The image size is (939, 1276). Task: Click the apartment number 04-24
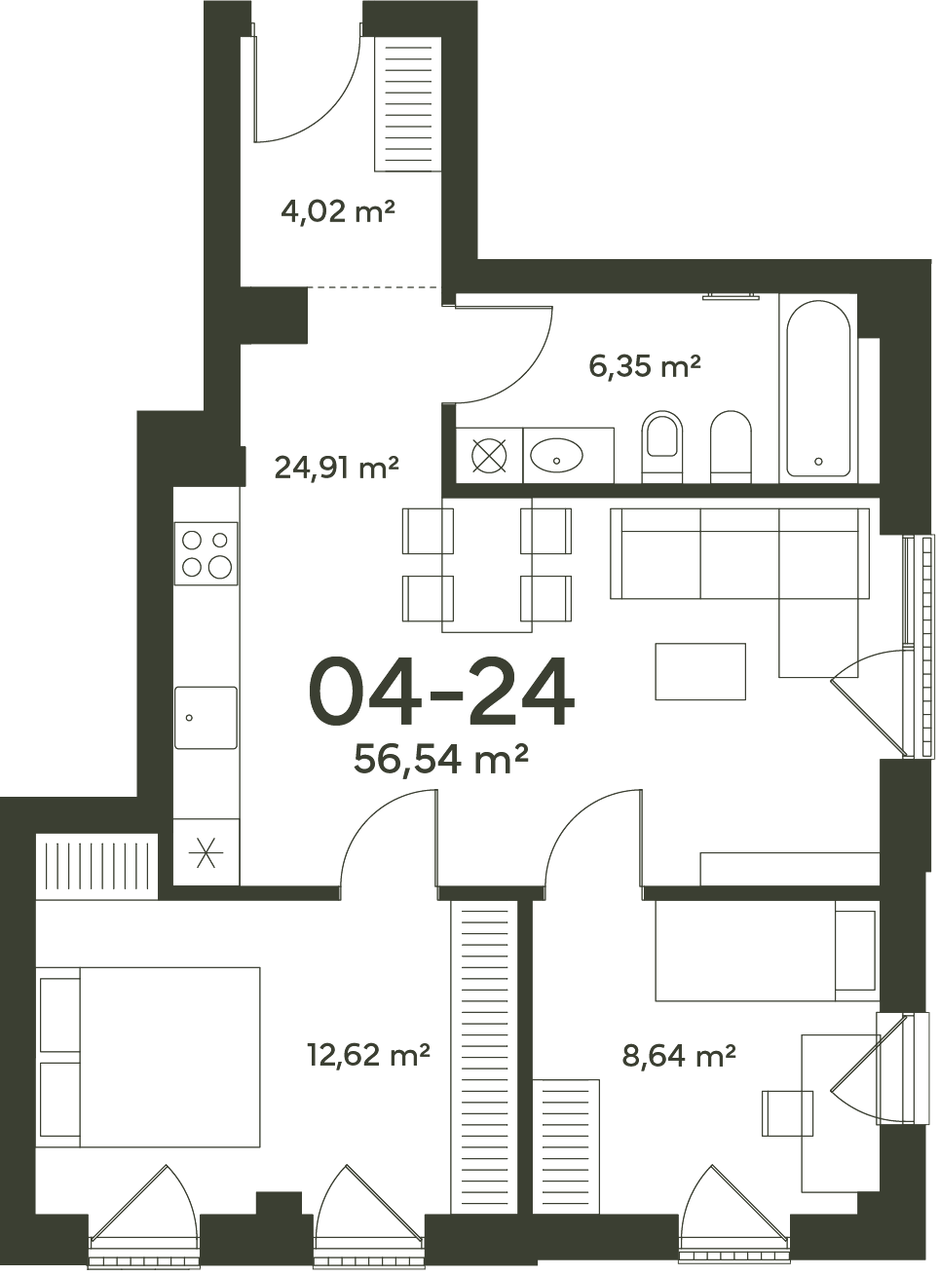click(x=441, y=692)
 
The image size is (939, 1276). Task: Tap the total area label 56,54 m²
click(x=440, y=760)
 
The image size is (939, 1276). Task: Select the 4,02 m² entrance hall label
click(x=338, y=212)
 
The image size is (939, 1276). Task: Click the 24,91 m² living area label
click(x=336, y=468)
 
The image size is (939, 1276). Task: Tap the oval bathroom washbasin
click(x=556, y=455)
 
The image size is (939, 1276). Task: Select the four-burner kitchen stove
click(x=207, y=553)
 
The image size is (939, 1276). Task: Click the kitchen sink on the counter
click(x=206, y=718)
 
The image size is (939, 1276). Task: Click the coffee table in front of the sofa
click(x=700, y=671)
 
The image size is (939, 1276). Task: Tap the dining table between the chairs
click(x=487, y=565)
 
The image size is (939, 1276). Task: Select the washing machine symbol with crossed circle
click(x=489, y=456)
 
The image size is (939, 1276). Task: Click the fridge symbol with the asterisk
click(x=206, y=852)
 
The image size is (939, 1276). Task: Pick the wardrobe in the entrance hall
click(x=407, y=104)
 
